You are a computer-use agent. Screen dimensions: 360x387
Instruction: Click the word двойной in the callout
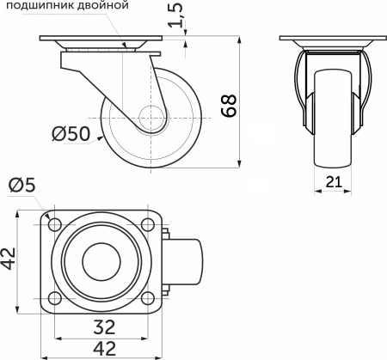[107, 6]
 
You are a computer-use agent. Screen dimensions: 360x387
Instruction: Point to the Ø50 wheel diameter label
[71, 133]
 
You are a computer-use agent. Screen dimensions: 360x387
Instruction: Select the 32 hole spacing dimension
[105, 326]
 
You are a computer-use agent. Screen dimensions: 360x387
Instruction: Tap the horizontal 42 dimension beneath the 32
[105, 348]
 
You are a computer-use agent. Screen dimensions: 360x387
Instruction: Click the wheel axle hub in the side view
[153, 119]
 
